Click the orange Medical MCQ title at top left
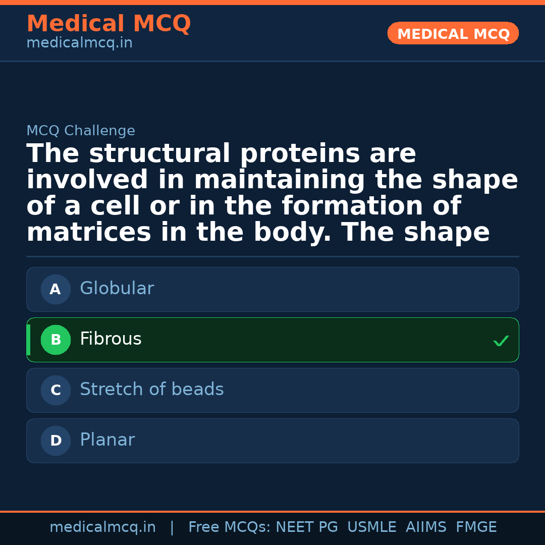[108, 24]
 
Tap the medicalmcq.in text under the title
[79, 43]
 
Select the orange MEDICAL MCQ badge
[453, 34]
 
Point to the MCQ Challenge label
[81, 131]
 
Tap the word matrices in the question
[89, 233]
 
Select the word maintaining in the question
[279, 180]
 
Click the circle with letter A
[56, 290]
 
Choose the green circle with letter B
[56, 340]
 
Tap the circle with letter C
[56, 391]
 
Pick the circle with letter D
[56, 441]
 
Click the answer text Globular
[117, 289]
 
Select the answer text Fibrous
[111, 339]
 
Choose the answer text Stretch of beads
[151, 390]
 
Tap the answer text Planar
[107, 440]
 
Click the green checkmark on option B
[501, 341]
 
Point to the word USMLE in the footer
[371, 527]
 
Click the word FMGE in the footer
[476, 527]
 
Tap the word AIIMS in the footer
[426, 527]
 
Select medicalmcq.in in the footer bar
[102, 527]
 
